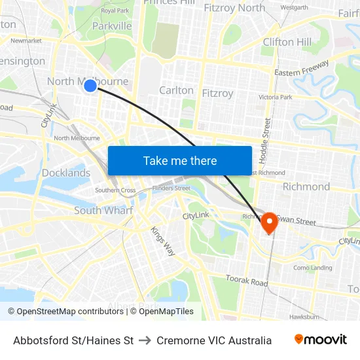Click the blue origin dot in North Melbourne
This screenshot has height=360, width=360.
click(x=90, y=85)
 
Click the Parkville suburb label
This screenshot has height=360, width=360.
click(x=112, y=26)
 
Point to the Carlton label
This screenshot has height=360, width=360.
click(x=176, y=90)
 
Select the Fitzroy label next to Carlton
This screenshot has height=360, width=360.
click(x=217, y=93)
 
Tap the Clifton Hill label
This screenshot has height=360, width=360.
click(x=287, y=42)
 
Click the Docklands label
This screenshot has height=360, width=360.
click(x=66, y=173)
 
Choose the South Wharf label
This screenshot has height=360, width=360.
click(x=103, y=210)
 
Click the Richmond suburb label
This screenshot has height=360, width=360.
click(x=306, y=187)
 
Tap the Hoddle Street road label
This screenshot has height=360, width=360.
click(x=267, y=139)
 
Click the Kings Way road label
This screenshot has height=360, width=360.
click(x=163, y=241)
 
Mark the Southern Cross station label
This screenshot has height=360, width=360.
click(x=115, y=190)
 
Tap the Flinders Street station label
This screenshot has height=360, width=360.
click(x=171, y=189)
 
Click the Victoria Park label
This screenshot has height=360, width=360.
click(x=276, y=97)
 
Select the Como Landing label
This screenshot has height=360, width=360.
click(x=313, y=268)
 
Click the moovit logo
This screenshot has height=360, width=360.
click(x=321, y=340)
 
